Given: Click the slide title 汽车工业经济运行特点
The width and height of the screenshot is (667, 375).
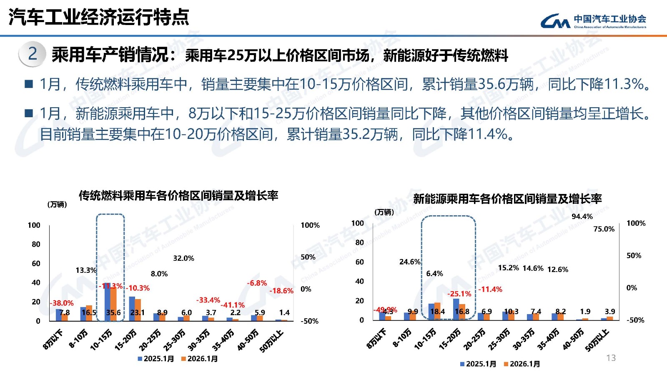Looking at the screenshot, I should [99, 17].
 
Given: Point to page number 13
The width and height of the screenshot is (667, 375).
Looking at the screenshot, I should [611, 358].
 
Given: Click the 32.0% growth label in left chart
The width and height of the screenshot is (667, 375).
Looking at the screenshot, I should [183, 258].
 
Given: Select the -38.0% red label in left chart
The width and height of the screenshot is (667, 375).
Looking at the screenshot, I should [62, 303].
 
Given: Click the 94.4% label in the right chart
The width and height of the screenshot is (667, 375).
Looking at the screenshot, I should [582, 216].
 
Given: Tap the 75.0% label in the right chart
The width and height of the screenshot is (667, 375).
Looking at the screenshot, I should [604, 229].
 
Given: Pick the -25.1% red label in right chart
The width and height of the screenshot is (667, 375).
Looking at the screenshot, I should [459, 294].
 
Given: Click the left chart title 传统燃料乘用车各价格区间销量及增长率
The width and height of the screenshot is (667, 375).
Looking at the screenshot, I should [178, 195].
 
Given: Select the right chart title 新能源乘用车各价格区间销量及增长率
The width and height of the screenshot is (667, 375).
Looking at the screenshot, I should [507, 199].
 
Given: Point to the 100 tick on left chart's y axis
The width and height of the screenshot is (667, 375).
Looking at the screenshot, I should [34, 225].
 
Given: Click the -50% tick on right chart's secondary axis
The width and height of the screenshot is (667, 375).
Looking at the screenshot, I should [635, 320].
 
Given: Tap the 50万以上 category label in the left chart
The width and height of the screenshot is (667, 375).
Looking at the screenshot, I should [271, 341].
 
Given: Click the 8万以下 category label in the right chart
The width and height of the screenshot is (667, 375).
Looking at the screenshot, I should [376, 339].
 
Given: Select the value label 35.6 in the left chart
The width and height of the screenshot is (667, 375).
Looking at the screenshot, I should [113, 312].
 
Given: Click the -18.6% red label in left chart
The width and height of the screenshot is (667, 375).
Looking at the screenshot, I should [281, 291].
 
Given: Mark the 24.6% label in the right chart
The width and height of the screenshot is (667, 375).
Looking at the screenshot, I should [410, 262].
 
